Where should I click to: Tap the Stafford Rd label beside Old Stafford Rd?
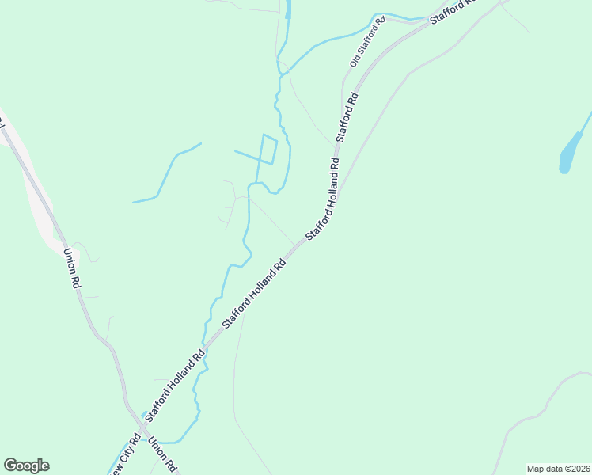click(x=347, y=117)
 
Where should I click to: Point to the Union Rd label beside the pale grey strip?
click(x=71, y=269)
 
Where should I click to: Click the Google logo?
click(x=26, y=465)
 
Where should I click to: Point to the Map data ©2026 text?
click(x=558, y=469)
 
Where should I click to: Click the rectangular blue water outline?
click(x=268, y=150)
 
